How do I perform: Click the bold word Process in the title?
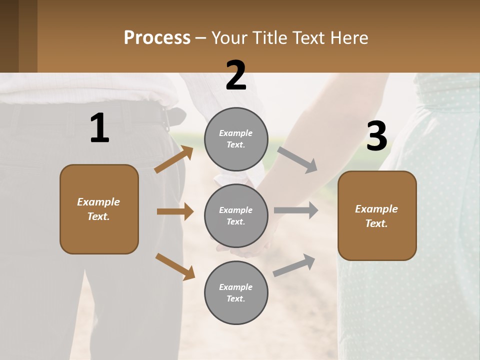click(157, 37)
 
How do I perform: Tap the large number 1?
click(99, 128)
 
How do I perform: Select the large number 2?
click(236, 75)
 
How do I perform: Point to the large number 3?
click(377, 136)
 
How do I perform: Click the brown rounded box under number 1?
click(99, 209)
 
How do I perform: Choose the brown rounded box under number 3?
click(377, 216)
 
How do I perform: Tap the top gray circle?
click(236, 139)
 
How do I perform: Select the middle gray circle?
click(236, 216)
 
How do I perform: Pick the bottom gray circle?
click(236, 293)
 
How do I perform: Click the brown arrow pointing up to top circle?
click(174, 159)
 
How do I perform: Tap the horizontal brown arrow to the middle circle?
click(175, 211)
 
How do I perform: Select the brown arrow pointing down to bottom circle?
click(175, 266)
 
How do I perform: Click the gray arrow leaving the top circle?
click(297, 159)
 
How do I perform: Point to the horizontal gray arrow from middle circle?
click(296, 210)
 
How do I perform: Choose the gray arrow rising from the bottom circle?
click(294, 265)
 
